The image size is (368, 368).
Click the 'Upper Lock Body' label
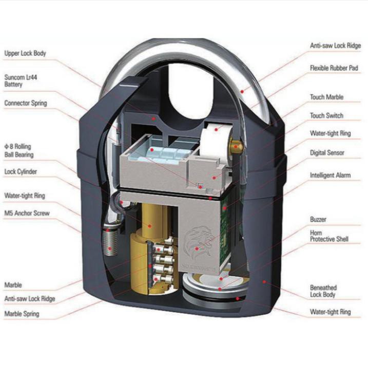point(25,53)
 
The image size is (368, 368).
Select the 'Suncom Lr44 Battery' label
point(21,81)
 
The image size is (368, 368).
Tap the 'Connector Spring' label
point(26,103)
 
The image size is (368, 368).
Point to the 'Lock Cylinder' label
point(21,171)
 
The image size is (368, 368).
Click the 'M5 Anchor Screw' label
point(27,213)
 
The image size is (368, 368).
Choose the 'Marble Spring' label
point(22,314)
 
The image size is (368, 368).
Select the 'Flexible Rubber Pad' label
point(334,68)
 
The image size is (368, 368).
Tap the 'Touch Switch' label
point(326,115)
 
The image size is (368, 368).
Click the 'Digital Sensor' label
point(327,153)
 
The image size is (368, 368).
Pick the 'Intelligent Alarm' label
point(330,176)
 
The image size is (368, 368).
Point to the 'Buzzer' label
point(318,220)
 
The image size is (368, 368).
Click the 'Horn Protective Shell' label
point(329,236)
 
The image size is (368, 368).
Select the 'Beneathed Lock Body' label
point(323,291)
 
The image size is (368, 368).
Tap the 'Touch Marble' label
point(326,97)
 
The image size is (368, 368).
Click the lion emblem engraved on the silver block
point(197,243)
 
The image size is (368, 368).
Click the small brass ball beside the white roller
point(236,146)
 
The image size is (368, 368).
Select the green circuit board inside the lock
point(225,233)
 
